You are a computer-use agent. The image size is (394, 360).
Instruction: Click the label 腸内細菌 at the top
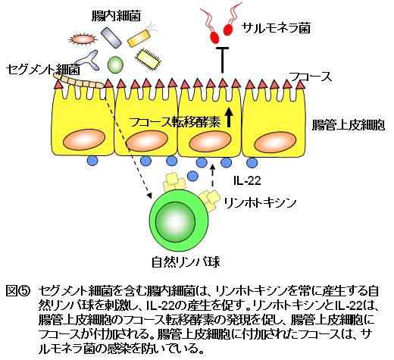(116, 16)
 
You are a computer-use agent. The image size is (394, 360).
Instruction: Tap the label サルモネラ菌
(276, 28)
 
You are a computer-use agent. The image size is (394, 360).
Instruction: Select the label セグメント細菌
(42, 69)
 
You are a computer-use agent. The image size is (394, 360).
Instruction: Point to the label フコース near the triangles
(311, 77)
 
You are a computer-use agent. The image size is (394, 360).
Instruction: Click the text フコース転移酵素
(175, 122)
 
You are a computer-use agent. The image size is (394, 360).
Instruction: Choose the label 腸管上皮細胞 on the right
(349, 125)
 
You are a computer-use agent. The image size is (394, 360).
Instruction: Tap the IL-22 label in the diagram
(247, 180)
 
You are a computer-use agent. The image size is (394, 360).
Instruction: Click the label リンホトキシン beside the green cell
(260, 202)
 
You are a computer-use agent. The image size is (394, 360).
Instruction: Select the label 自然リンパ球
(186, 262)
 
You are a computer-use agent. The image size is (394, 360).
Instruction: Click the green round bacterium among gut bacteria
(115, 64)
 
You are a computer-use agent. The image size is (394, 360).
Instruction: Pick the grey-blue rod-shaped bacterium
(111, 38)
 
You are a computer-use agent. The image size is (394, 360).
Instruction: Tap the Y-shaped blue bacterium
(88, 60)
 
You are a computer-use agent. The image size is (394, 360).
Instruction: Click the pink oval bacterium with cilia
(83, 39)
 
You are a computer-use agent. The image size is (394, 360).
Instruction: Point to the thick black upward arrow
(229, 117)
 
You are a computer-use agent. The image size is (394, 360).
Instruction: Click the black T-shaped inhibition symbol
(222, 60)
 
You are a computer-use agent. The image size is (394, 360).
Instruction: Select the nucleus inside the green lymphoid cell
(175, 222)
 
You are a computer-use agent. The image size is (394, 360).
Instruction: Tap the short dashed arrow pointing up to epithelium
(212, 176)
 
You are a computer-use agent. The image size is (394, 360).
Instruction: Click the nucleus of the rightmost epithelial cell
(275, 142)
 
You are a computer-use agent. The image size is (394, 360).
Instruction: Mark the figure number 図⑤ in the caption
(18, 291)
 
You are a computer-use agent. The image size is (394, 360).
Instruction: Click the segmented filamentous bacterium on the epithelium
(79, 80)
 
